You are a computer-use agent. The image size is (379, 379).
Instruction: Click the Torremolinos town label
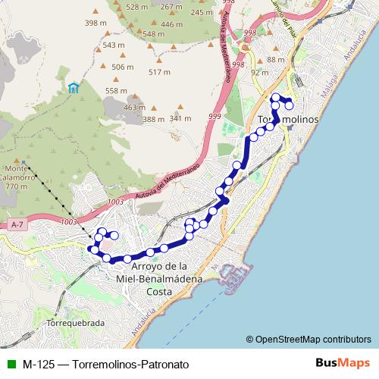coord(287,121)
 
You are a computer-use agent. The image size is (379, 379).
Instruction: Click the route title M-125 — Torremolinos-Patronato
coord(105,364)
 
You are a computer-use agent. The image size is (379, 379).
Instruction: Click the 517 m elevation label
coord(160,72)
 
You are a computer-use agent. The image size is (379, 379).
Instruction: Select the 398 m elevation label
coord(96,23)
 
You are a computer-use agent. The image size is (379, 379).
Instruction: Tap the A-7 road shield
coord(18,225)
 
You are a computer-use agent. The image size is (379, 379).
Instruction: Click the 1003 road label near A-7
coord(67,221)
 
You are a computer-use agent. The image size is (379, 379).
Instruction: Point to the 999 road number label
coord(215,116)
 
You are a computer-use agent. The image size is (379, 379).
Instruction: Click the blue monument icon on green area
coord(73,88)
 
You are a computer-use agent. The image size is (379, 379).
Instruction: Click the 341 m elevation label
coord(180,118)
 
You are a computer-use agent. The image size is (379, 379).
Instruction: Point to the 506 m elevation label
coord(122,67)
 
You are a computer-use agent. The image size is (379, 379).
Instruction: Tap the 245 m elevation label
coord(202,12)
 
